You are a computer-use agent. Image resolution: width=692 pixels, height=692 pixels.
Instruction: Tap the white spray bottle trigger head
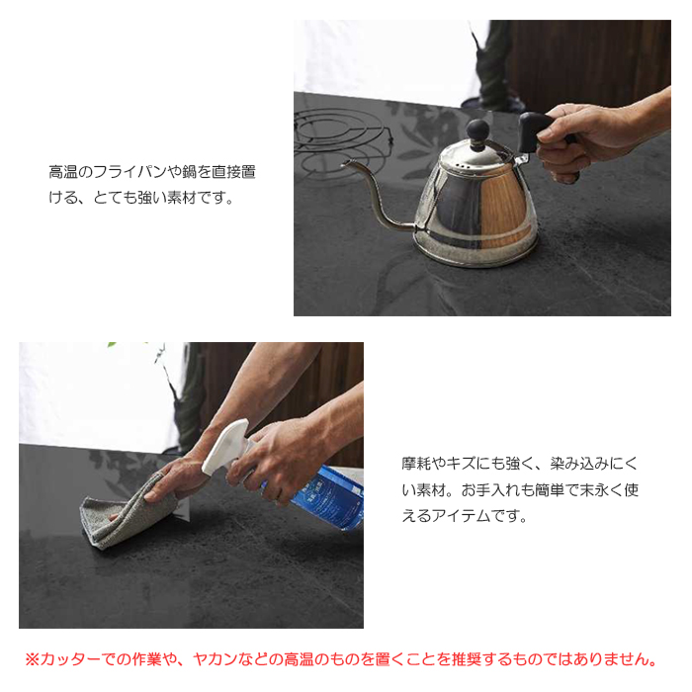pyautogui.click(x=229, y=450)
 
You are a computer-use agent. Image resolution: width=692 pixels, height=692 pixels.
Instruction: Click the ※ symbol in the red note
pyautogui.click(x=31, y=658)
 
